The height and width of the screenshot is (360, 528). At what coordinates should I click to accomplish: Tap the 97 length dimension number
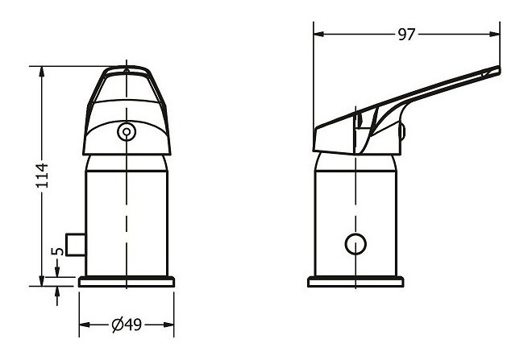pos(407,35)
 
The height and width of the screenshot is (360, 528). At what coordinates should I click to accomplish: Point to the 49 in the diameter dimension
pos(134,325)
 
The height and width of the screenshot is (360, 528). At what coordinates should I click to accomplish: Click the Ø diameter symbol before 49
pos(117,325)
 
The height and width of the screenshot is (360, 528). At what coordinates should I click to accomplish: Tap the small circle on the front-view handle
pos(126,131)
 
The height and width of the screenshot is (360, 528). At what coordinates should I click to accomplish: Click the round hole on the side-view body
pos(355,244)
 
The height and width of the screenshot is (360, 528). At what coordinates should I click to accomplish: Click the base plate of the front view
pos(127,282)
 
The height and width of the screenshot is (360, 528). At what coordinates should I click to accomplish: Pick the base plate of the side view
pos(355,282)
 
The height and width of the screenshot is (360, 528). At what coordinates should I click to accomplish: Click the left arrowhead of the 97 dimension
pos(319,35)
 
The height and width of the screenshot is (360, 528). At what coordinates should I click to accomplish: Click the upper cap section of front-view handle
pos(126,89)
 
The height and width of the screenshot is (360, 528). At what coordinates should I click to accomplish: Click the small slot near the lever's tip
pos(484,73)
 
